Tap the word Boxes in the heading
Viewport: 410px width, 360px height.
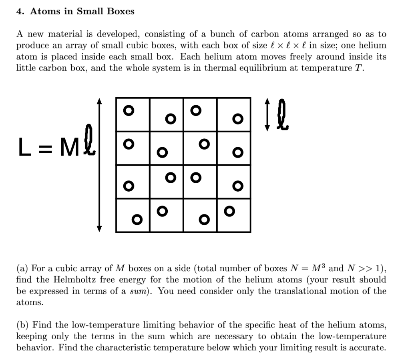pos(120,11)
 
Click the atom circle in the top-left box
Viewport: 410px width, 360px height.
pos(127,110)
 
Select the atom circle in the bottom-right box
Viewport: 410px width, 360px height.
pos(229,210)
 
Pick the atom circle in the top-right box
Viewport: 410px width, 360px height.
pos(238,118)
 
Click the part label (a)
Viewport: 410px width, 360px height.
pos(22,268)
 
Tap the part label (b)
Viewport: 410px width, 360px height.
pos(23,325)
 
